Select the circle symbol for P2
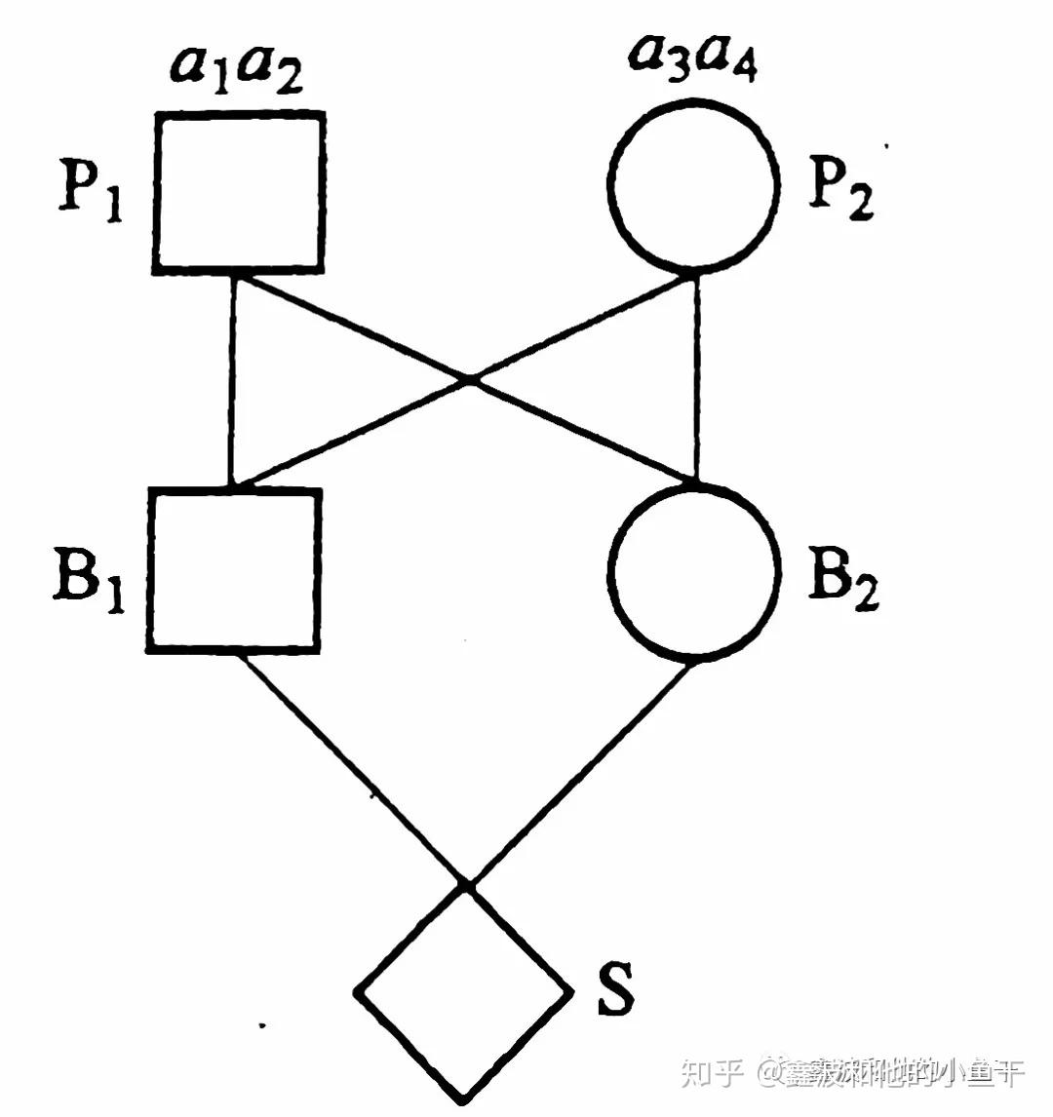click(693, 181)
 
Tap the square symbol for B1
click(234, 569)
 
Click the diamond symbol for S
click(464, 992)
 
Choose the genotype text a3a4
click(693, 60)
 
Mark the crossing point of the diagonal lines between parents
click(469, 378)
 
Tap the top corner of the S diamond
click(466, 888)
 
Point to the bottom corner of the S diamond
click(464, 1098)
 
